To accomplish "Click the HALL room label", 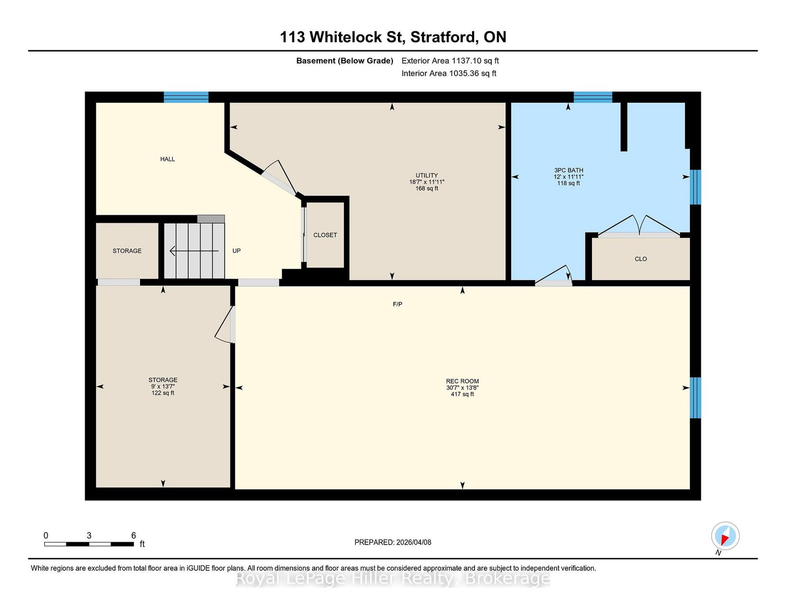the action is [168, 159].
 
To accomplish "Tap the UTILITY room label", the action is [426, 175].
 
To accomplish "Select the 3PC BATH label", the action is [568, 170].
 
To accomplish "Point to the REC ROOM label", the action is [462, 381].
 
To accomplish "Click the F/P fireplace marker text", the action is [397, 304].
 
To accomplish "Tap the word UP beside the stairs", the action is [237, 251].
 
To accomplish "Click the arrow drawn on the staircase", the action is [194, 251].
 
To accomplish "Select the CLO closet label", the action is [641, 259].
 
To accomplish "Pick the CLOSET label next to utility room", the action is [325, 235].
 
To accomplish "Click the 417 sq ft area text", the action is [462, 394].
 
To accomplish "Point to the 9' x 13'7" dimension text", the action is [163, 386].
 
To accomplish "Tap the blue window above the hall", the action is [186, 97].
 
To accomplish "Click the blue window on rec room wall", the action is [695, 398].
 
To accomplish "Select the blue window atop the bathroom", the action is [593, 97].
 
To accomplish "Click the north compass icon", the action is [725, 536].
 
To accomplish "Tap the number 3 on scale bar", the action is [89, 535].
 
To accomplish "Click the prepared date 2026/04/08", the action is [414, 542].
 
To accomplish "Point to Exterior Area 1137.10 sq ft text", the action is [450, 61].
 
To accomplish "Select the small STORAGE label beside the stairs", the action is [127, 251].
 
